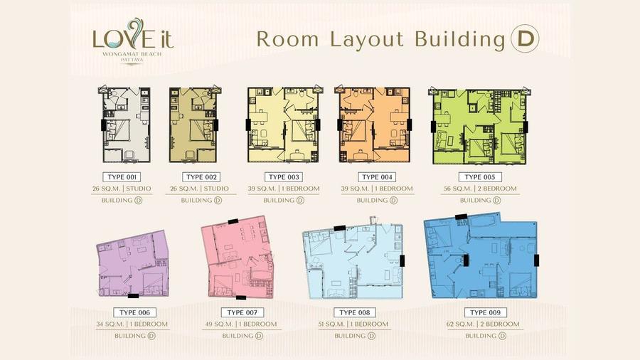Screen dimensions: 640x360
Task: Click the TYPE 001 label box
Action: [122, 177]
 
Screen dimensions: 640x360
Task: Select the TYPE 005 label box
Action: [480, 177]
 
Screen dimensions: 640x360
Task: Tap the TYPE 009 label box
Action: [485, 312]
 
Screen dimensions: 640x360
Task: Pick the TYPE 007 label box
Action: [242, 312]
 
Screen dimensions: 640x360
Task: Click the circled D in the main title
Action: [525, 39]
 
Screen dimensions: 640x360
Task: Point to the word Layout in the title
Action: [366, 41]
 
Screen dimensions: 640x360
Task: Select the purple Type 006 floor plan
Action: [133, 264]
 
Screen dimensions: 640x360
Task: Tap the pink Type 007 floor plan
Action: [237, 257]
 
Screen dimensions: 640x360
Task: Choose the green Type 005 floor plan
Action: [479, 126]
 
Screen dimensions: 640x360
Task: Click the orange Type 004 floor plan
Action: [373, 125]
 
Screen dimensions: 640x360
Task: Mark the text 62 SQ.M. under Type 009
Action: [460, 324]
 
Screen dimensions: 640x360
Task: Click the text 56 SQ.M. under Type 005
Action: [458, 189]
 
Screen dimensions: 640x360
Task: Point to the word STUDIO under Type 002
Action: [216, 189]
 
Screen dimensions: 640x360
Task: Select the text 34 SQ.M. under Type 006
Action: [110, 324]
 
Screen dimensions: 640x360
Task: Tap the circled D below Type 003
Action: [300, 201]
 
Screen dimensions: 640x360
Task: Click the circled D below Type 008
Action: [371, 336]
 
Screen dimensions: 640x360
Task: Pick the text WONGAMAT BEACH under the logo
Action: [132, 54]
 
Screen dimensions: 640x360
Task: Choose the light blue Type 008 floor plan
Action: [353, 260]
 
